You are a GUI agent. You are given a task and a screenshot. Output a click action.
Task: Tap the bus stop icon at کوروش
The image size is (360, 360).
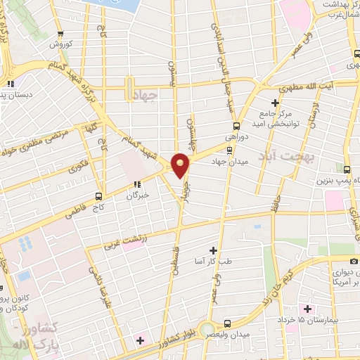(61, 33)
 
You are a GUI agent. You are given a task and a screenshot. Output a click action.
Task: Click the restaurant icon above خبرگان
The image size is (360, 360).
(136, 186)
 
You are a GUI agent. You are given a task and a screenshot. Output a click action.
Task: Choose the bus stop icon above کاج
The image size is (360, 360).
(98, 197)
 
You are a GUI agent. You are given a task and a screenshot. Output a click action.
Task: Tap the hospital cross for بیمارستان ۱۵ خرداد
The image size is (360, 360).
(307, 308)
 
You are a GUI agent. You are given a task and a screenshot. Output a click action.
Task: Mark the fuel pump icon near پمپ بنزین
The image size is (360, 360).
(346, 169)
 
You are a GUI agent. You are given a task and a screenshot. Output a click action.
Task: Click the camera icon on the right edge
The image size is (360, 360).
(354, 261)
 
